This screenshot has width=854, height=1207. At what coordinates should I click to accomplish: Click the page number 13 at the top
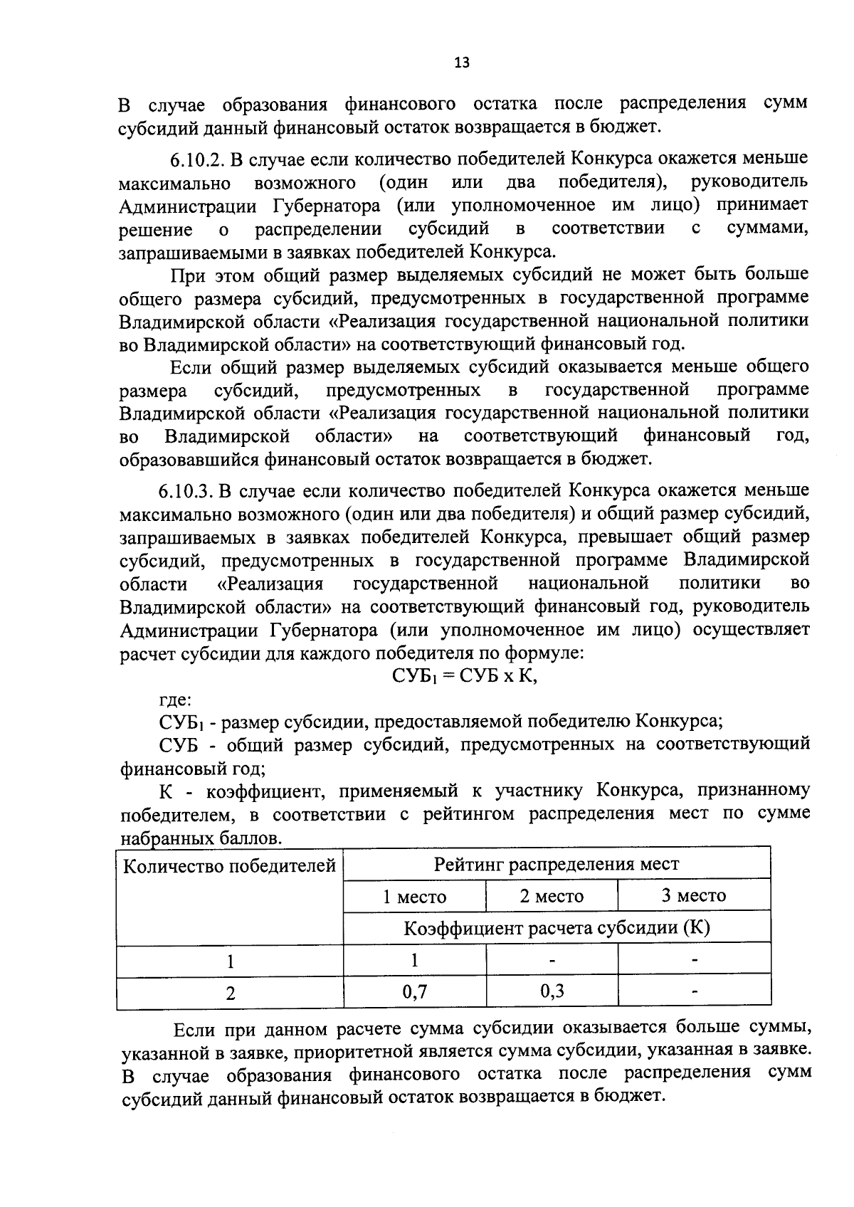[461, 63]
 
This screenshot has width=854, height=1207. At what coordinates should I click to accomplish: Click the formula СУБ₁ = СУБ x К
[465, 676]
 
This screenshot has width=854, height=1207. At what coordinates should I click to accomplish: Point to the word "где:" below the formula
[174, 700]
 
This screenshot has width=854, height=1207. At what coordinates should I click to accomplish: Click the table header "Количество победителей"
[230, 866]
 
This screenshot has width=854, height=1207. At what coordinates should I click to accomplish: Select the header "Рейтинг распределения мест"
[557, 864]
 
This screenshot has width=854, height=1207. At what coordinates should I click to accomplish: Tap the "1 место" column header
[414, 896]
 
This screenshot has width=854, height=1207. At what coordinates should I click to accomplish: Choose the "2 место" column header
[552, 896]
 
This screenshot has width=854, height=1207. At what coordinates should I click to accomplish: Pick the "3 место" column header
[694, 895]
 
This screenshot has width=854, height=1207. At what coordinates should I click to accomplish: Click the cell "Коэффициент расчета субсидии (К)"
[557, 928]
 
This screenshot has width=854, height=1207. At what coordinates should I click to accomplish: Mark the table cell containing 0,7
[414, 991]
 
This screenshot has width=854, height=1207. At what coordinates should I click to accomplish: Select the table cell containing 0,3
[552, 991]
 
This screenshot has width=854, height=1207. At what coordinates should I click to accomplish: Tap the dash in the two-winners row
[695, 991]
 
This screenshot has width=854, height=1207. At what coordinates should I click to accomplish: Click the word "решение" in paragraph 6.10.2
[155, 230]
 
